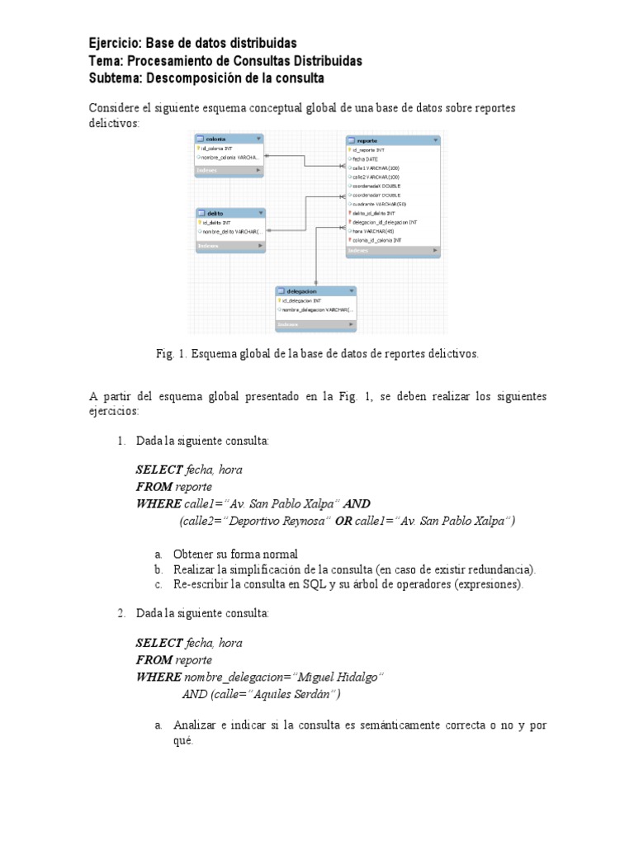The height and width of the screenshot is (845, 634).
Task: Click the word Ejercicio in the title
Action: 115,43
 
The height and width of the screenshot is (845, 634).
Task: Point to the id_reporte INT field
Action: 370,150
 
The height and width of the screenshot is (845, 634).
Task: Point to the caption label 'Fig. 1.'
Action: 172,354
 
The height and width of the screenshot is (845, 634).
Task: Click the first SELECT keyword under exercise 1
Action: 159,470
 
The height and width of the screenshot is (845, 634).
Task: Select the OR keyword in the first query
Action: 343,521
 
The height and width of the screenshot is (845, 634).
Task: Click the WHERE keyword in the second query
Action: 158,677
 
